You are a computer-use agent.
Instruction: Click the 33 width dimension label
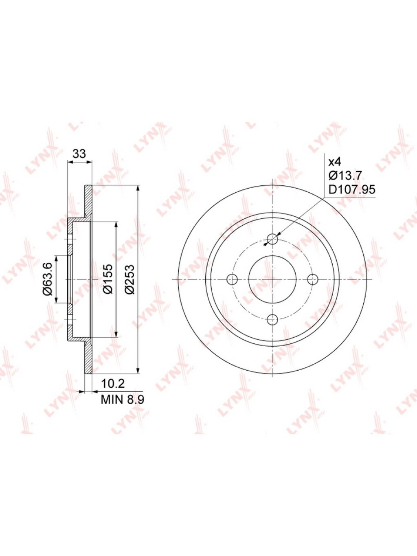(79, 154)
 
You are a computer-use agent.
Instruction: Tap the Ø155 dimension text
(108, 279)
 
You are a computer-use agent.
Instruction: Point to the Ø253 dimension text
(130, 279)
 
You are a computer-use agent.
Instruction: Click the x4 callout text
(334, 162)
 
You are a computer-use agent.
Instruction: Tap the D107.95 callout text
(352, 189)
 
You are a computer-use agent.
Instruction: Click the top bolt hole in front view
(272, 239)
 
